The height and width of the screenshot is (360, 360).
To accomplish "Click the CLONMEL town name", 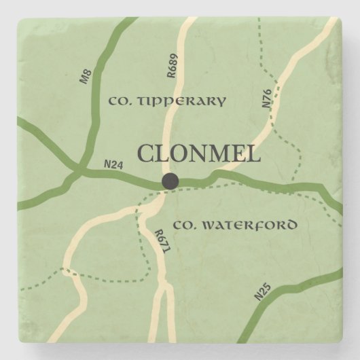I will point(199,154).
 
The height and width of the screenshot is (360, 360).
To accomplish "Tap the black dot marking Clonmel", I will point(169,181).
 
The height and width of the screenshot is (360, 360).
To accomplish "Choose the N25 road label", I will point(262,291).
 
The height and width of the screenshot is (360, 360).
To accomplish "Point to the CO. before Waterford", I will point(183,224).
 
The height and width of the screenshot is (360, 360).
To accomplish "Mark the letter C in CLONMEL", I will point(145,154).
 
